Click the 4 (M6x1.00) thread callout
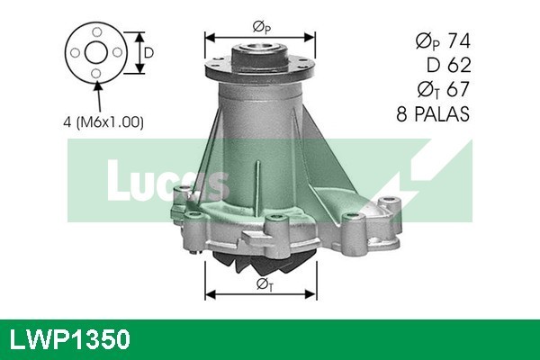click(103, 121)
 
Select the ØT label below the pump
click(262, 285)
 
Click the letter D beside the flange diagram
click(149, 53)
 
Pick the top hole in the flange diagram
click(95, 33)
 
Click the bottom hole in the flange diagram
click(95, 74)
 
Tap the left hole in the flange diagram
click(76, 54)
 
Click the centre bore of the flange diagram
click(95, 54)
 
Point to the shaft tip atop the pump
click(261, 31)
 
